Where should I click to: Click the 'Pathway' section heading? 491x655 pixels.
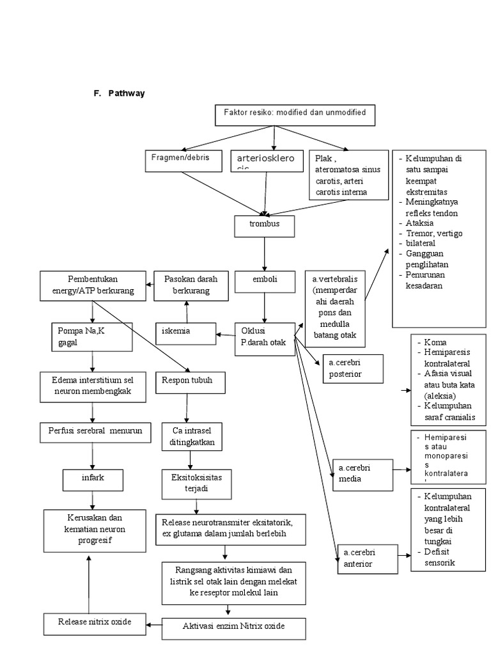click(126, 93)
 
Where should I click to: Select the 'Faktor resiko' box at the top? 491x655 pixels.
click(294, 114)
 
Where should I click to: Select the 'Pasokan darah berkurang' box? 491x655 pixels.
click(186, 285)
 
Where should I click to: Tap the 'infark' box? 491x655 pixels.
click(93, 478)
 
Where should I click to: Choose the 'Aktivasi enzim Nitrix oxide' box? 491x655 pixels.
click(233, 627)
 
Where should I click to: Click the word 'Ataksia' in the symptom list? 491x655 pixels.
click(419, 223)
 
